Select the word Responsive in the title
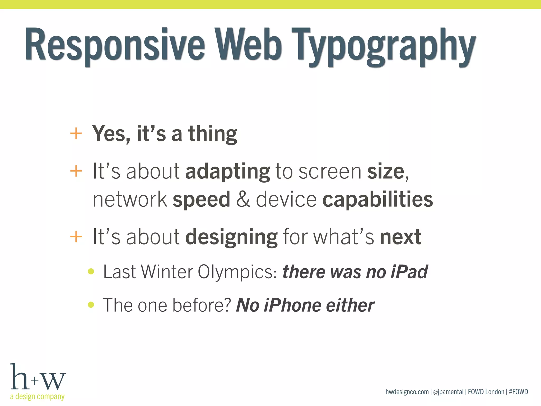[115, 45]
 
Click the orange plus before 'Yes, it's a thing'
[76, 133]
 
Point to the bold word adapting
[228, 172]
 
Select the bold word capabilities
[378, 200]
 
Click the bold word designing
[231, 237]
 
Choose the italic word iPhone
[292, 305]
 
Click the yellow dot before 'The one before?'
[91, 305]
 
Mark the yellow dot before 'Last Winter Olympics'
[91, 271]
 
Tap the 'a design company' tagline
[37, 396]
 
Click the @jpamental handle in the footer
[448, 392]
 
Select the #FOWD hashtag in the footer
[518, 392]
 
